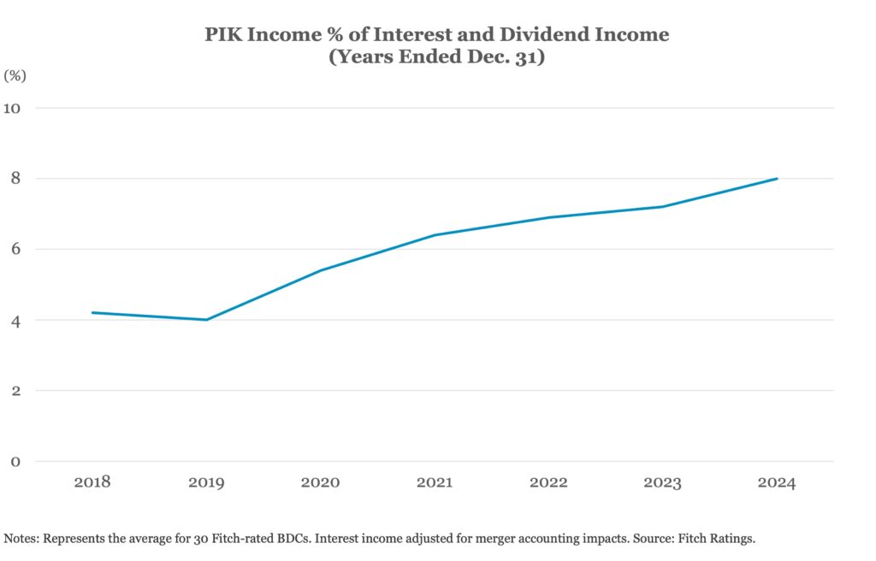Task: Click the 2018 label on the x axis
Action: (x=92, y=482)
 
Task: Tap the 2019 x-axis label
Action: (x=206, y=482)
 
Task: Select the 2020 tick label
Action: (x=320, y=482)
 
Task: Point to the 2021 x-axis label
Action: (x=435, y=482)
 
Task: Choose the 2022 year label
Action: (x=548, y=482)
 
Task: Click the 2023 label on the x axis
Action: (x=662, y=482)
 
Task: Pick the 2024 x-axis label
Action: (x=776, y=482)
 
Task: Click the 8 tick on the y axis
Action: (x=15, y=179)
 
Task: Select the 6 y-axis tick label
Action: (x=15, y=250)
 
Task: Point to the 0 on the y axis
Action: (x=15, y=462)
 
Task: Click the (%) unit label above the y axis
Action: (x=15, y=75)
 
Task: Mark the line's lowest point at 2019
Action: (x=206, y=320)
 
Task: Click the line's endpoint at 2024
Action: (x=776, y=179)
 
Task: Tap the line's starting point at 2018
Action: (x=92, y=313)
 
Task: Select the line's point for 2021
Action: (x=435, y=235)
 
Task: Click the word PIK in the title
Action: (x=224, y=35)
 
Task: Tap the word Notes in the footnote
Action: (x=21, y=539)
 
